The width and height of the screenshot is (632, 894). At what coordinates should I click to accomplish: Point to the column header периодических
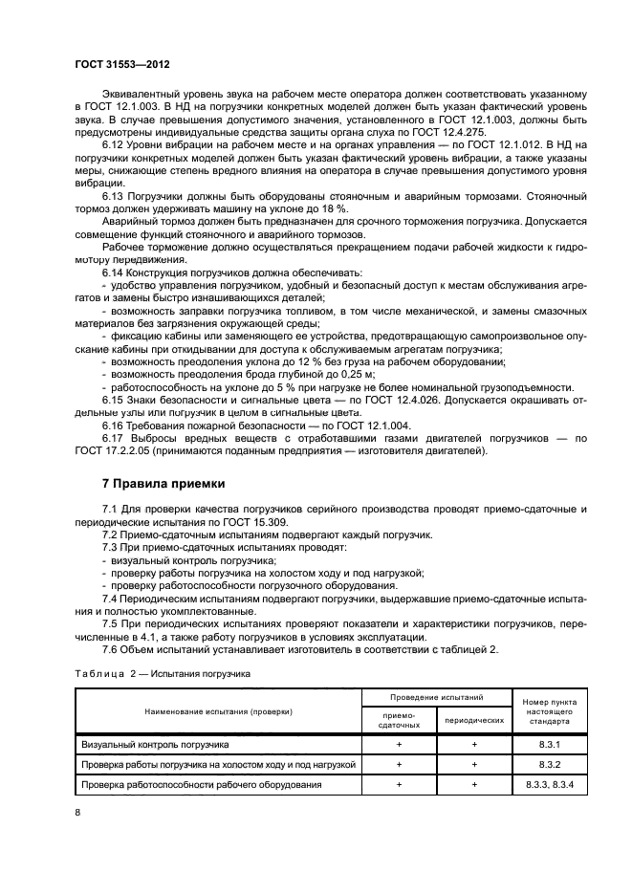coord(474,720)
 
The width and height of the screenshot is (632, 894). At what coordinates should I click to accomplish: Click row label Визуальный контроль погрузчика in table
coord(155,744)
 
